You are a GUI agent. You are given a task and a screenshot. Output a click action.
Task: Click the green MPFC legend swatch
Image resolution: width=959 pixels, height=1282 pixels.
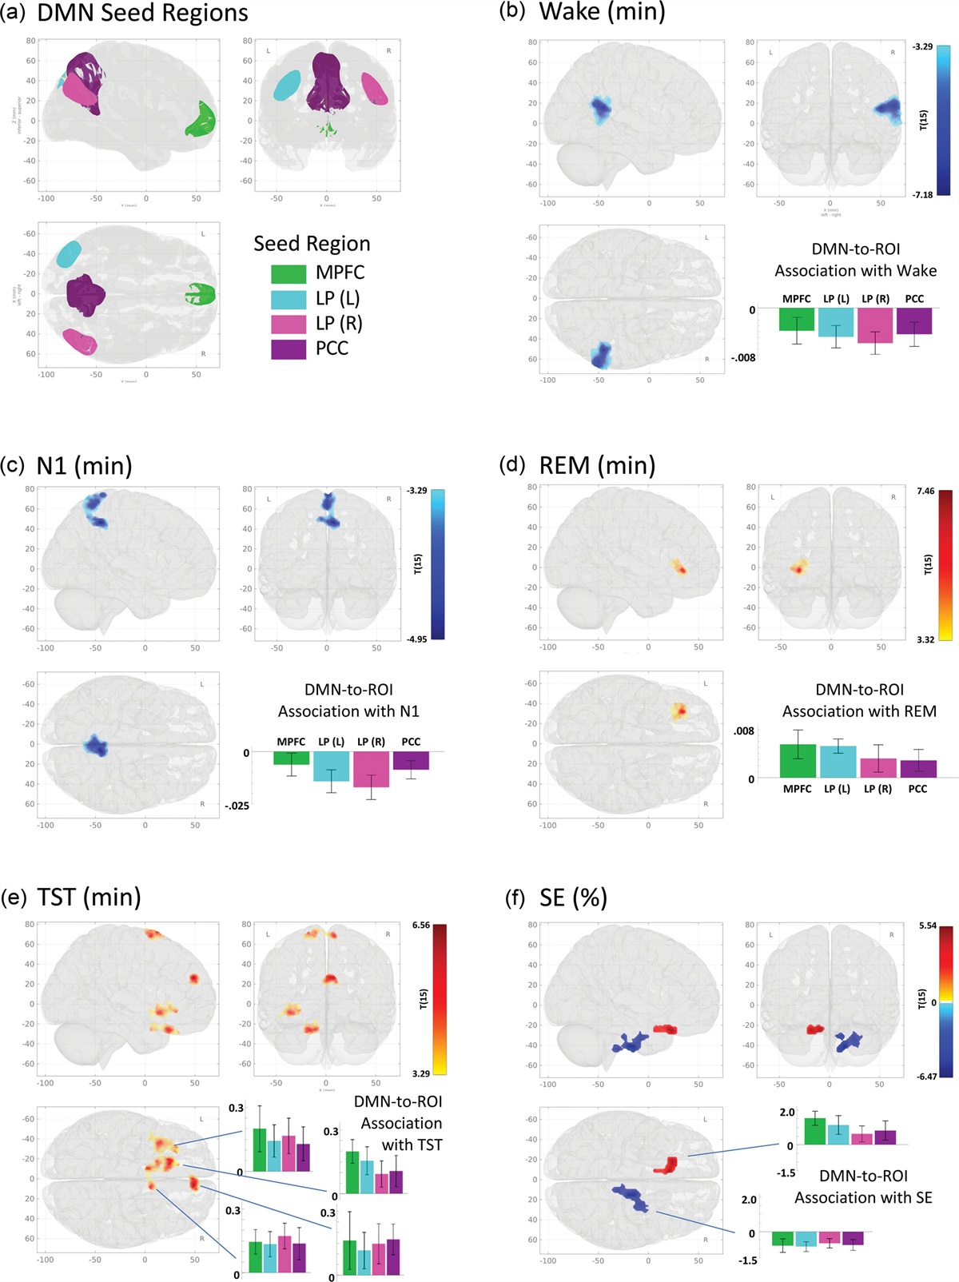[288, 273]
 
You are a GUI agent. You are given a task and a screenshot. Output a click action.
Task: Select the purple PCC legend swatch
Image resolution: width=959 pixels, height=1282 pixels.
[288, 348]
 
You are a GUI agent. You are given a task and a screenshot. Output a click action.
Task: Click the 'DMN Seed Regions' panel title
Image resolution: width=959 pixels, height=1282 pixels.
[142, 13]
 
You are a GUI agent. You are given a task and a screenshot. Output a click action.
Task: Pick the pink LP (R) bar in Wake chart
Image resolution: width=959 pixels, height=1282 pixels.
[874, 325]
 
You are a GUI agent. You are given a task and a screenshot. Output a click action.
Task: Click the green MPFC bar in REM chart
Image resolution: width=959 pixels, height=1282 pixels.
[798, 760]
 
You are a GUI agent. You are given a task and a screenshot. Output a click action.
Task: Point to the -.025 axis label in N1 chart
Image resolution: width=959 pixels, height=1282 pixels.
[237, 806]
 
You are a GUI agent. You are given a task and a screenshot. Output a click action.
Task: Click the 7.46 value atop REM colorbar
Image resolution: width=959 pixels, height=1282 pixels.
[925, 491]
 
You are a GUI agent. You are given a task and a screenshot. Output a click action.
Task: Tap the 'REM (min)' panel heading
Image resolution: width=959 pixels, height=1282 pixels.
[597, 464]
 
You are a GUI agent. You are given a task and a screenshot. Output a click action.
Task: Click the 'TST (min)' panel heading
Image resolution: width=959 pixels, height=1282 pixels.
[89, 897]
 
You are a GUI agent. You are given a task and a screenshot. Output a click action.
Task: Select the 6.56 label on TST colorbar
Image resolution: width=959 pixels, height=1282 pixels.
[420, 925]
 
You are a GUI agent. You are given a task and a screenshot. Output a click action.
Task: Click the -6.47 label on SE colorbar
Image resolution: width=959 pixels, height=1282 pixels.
[927, 1077]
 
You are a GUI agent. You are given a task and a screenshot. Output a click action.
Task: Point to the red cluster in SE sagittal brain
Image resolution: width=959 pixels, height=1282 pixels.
[665, 1029]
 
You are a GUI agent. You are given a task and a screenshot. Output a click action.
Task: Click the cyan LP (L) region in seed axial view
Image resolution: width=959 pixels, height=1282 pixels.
[69, 254]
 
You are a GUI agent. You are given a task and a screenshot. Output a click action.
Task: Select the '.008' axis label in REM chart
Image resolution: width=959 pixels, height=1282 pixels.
[743, 731]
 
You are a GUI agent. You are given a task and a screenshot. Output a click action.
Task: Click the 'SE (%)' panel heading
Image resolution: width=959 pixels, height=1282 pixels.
[573, 897]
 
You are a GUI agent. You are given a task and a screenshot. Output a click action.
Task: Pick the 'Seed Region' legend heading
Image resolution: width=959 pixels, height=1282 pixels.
[312, 244]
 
